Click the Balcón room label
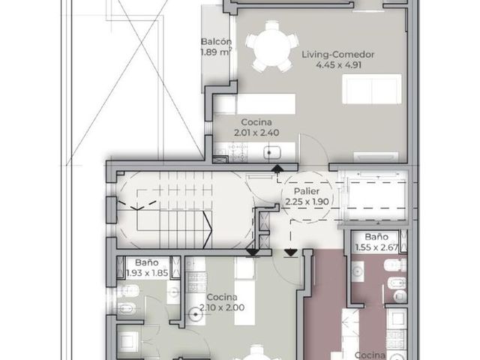coord(216,42)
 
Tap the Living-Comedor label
coord(338,55)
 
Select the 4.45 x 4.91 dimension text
coord(338,65)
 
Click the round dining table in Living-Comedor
coord(271,46)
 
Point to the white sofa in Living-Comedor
coord(372,88)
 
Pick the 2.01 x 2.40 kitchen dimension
coord(256,133)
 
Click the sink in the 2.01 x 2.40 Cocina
coord(272,152)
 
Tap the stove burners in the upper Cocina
coord(238,152)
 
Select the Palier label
coord(307,191)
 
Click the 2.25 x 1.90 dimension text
coord(307,202)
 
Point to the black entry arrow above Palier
coord(277,168)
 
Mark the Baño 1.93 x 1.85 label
coord(147,268)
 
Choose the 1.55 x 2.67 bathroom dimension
coord(376,247)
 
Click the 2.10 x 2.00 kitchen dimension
coord(222,307)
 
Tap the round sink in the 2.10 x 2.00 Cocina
coord(195,314)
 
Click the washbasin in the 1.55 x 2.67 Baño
coord(357,271)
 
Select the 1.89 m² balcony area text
coord(216,52)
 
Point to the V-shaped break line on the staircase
coord(137,205)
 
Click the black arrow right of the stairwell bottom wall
coord(290,253)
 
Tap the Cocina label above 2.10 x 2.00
coord(222,297)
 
